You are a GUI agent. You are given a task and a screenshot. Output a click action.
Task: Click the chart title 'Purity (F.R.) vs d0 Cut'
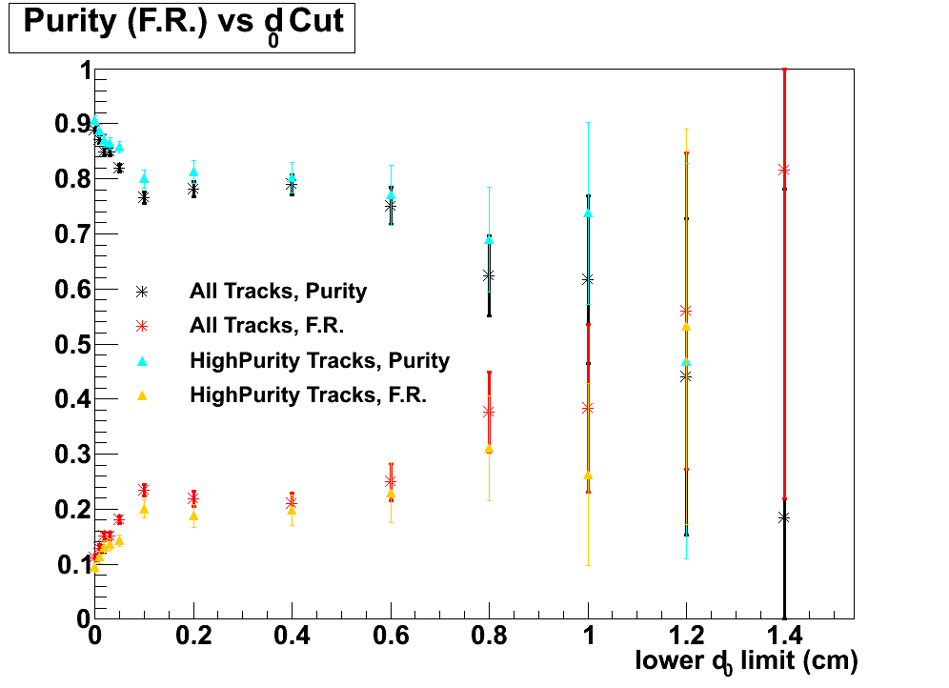pyautogui.click(x=182, y=25)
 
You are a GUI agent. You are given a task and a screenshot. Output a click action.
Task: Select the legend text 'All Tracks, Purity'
pyautogui.click(x=278, y=291)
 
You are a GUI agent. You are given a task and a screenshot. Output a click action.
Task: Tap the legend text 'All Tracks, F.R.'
pyautogui.click(x=266, y=326)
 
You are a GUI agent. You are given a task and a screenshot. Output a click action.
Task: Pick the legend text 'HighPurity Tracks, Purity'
pyautogui.click(x=319, y=361)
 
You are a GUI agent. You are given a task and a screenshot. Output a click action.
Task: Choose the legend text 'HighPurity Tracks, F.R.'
pyautogui.click(x=308, y=395)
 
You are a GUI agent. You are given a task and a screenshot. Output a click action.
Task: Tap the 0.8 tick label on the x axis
pyautogui.click(x=489, y=637)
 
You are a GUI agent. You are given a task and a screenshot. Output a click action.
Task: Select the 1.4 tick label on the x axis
pyautogui.click(x=784, y=637)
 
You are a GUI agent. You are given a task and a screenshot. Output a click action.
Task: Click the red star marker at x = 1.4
pyautogui.click(x=784, y=170)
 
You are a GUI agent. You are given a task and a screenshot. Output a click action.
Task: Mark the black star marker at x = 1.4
pyautogui.click(x=784, y=517)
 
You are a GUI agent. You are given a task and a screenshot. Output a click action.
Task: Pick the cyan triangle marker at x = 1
pyautogui.click(x=588, y=212)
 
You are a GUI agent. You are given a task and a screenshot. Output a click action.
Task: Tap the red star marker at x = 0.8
pyautogui.click(x=489, y=412)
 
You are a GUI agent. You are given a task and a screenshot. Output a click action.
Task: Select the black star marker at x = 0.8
pyautogui.click(x=489, y=275)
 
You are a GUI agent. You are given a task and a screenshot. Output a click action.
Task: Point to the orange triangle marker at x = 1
pyautogui.click(x=588, y=475)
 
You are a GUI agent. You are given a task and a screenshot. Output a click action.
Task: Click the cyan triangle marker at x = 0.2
pyautogui.click(x=193, y=172)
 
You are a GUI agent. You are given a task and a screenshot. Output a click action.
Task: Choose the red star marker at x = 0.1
pyautogui.click(x=144, y=490)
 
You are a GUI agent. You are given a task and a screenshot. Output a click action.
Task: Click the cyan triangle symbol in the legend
pyautogui.click(x=142, y=361)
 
